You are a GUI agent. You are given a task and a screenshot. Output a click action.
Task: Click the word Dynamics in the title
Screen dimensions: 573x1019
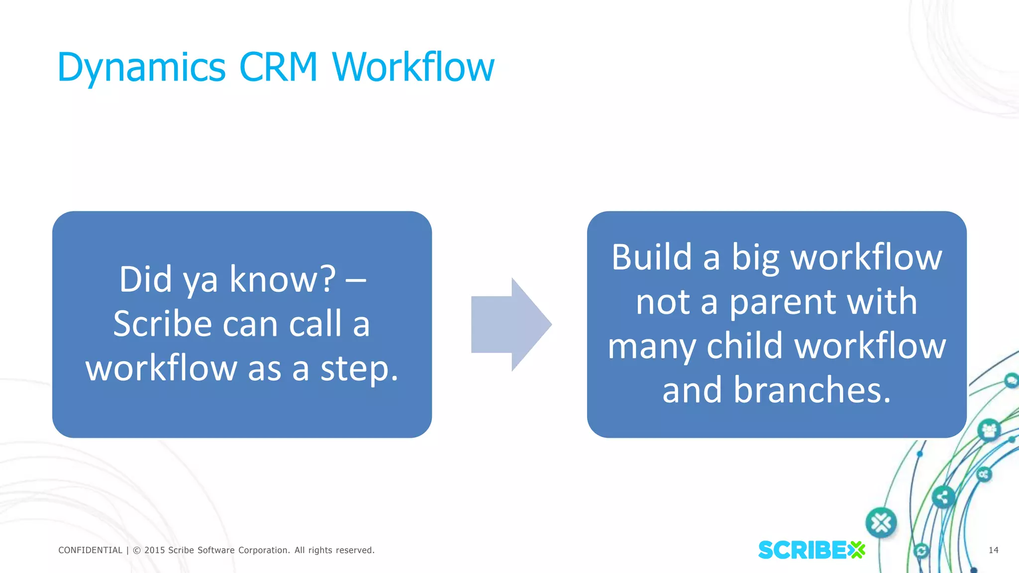[142, 67]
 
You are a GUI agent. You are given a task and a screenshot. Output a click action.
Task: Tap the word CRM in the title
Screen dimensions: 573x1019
[278, 67]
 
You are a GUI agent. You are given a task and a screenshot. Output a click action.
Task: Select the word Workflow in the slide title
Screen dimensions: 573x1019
[413, 67]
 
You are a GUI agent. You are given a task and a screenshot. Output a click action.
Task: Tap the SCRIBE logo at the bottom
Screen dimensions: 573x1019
[811, 550]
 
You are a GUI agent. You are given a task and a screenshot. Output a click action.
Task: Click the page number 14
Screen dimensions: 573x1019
[993, 550]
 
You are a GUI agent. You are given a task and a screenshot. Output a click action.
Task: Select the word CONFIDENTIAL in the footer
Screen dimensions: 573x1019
[90, 550]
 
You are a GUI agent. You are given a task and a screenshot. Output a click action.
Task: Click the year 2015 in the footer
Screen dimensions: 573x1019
[154, 550]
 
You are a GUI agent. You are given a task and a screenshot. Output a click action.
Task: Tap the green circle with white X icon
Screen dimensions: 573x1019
[881, 523]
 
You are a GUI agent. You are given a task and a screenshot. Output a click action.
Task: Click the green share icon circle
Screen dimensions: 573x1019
[942, 496]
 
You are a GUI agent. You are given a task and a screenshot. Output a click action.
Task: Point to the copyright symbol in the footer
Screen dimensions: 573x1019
[137, 550]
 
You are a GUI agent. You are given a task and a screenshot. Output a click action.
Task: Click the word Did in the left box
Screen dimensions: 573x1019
[145, 279]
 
